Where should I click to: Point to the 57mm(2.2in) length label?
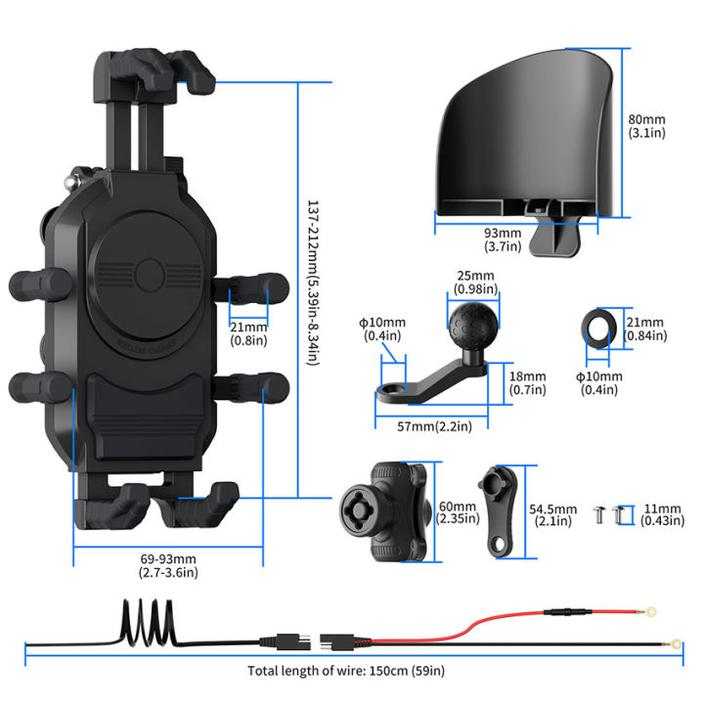424,426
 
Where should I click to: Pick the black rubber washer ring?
597,329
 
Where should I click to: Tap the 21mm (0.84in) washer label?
646,329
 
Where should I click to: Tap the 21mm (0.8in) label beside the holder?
248,333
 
